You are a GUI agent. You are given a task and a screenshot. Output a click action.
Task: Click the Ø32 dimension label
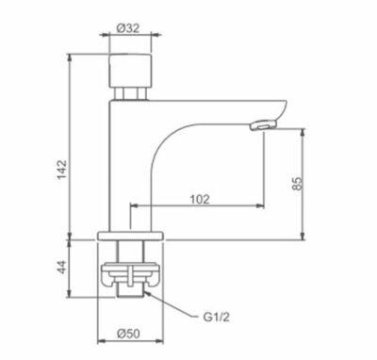coord(128,28)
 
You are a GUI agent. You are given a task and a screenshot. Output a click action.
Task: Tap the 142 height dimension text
coord(62,170)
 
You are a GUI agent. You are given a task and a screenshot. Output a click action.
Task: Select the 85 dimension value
coord(297,184)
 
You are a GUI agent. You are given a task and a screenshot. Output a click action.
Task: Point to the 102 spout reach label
coord(200,199)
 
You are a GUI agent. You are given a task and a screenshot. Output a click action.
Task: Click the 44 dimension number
coord(62,267)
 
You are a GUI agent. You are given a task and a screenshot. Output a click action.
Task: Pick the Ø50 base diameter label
coord(128,334)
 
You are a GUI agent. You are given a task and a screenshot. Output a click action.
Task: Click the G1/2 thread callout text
coord(216,318)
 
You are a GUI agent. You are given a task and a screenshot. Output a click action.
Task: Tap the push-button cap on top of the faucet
coord(130,71)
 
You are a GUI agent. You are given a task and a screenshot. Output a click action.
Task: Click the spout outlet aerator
coord(263,125)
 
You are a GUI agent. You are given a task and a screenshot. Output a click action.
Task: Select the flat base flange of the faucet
coord(131,236)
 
